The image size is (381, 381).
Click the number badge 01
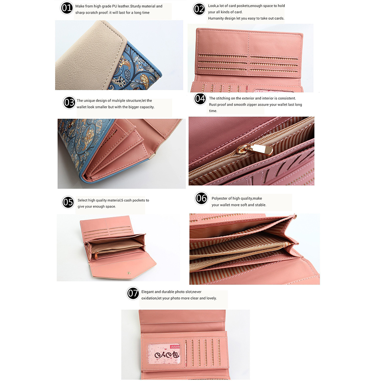(67, 8)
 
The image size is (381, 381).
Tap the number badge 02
(199, 9)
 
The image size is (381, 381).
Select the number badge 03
(69, 103)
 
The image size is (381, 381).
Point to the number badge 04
(200, 99)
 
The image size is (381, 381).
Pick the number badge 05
(68, 202)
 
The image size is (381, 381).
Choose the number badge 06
(202, 198)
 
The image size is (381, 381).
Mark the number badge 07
(133, 293)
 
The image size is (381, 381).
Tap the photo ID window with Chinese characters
(164, 354)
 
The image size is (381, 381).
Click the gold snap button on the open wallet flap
(129, 273)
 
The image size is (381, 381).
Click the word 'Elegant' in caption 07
(148, 292)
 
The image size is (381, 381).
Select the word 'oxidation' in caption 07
(149, 298)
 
